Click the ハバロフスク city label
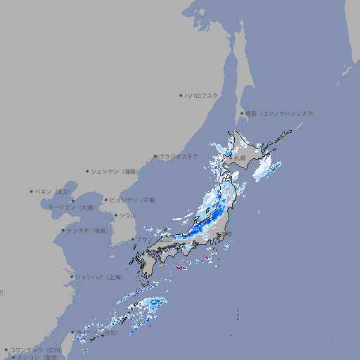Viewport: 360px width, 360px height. click(202, 95)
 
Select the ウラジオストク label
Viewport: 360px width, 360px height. click(179, 156)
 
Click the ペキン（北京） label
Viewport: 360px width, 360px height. click(53, 191)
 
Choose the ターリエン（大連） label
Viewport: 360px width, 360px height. click(71, 207)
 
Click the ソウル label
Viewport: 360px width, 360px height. click(127, 215)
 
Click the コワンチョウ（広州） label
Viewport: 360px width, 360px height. click(36, 349)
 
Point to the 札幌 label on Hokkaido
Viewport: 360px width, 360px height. click(240, 157)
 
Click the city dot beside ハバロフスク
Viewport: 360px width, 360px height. click(181, 95)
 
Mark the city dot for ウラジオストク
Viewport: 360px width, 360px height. click(155, 156)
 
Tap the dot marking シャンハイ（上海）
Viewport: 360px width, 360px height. click(72, 277)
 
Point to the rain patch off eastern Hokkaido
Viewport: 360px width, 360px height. click(266, 168)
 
